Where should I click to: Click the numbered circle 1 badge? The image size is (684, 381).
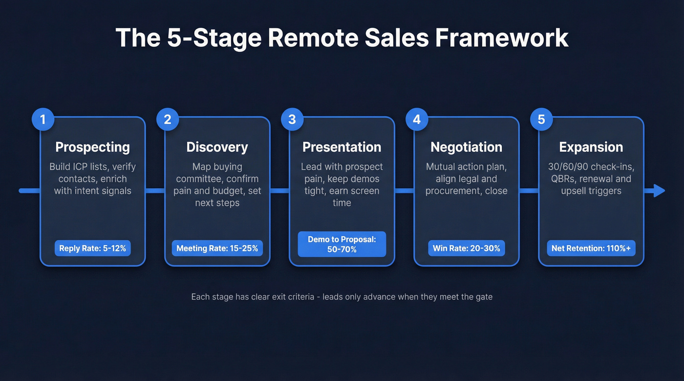(x=43, y=120)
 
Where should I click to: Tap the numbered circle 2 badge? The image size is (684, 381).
(x=168, y=120)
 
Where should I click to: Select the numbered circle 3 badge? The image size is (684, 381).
(x=292, y=120)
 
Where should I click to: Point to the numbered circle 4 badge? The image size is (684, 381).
(x=417, y=120)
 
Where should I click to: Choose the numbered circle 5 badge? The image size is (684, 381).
(x=541, y=120)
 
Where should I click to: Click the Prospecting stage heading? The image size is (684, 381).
(x=92, y=147)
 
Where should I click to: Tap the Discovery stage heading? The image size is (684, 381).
(x=217, y=147)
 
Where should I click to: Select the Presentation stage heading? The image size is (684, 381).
(x=342, y=147)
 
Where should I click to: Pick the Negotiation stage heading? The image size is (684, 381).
(x=466, y=147)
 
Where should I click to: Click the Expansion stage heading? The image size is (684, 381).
(x=591, y=147)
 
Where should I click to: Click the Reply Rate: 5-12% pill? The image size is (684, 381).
(x=92, y=248)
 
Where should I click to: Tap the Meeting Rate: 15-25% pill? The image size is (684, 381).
(x=217, y=248)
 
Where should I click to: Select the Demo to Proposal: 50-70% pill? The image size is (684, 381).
(x=342, y=244)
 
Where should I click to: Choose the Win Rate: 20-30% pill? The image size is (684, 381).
(x=466, y=248)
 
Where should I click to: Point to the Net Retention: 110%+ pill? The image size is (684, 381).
(x=591, y=248)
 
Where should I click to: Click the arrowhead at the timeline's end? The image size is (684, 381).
(x=659, y=191)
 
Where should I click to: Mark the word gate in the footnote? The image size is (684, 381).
(x=483, y=297)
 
